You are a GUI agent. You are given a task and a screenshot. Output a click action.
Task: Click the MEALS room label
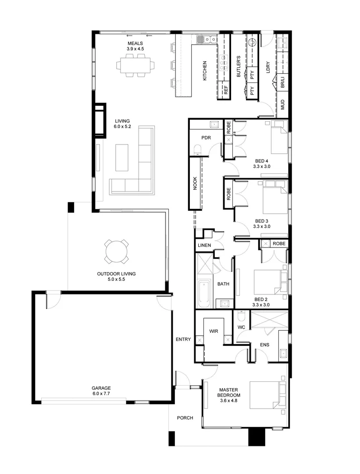click(x=135, y=43)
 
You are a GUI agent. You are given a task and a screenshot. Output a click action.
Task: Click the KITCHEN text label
click(x=205, y=71)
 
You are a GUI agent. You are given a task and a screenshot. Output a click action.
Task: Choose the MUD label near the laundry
click(x=282, y=104)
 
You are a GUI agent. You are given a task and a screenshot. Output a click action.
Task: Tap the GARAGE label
click(x=101, y=388)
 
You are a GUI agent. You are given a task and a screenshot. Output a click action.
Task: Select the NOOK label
click(x=195, y=184)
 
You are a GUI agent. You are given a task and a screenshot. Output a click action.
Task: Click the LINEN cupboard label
click(x=204, y=245)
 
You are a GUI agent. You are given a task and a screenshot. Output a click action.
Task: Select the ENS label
click(x=264, y=345)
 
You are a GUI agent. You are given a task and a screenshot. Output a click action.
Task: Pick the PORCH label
click(x=185, y=418)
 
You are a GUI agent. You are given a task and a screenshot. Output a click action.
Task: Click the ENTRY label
click(x=183, y=339)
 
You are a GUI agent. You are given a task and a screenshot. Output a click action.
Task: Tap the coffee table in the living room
click(x=122, y=158)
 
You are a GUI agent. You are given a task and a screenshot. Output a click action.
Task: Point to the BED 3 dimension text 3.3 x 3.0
click(x=261, y=226)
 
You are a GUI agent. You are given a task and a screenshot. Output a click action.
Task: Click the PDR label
click(x=206, y=137)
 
